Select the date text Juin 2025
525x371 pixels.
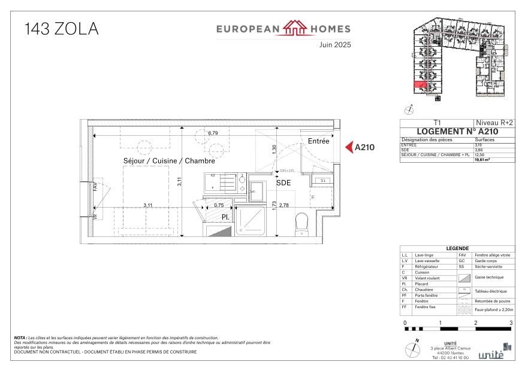click(x=335, y=44)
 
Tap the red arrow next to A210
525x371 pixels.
click(x=348, y=147)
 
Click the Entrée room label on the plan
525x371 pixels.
click(x=318, y=141)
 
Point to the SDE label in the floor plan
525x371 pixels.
click(x=283, y=184)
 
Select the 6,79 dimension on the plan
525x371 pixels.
click(x=213, y=133)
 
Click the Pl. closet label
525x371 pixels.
click(x=227, y=217)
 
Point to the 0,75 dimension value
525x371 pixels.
click(x=219, y=205)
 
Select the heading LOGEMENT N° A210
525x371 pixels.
click(x=456, y=132)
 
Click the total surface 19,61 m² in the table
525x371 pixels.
click(x=482, y=160)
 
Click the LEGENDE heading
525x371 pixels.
click(x=457, y=248)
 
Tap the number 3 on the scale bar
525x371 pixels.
click(x=511, y=323)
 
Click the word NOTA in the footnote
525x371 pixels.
click(x=20, y=338)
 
